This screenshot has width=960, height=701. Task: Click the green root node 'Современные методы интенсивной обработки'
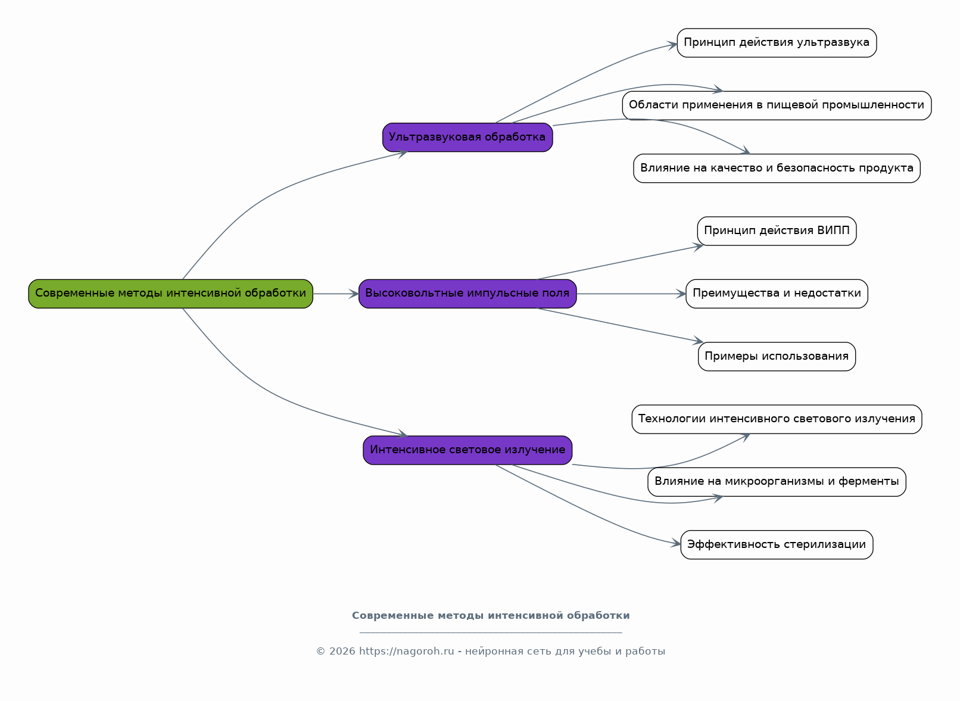(x=170, y=294)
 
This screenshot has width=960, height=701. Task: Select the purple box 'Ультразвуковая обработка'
(x=467, y=137)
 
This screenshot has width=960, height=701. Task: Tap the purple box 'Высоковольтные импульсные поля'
(x=467, y=294)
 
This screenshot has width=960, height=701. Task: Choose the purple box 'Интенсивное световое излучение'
(x=467, y=450)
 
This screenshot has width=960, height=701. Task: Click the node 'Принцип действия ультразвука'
(x=777, y=43)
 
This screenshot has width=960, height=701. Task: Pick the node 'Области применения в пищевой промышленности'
(x=777, y=105)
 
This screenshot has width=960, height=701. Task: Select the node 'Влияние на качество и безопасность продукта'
(x=777, y=169)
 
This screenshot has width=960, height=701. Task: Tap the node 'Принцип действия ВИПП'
(x=777, y=231)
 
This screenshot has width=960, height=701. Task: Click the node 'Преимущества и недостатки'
(x=777, y=294)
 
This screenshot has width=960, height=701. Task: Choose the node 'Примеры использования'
(x=777, y=357)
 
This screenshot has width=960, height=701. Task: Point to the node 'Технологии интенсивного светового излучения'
(x=777, y=419)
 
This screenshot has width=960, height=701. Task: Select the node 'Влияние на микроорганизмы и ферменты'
(x=777, y=482)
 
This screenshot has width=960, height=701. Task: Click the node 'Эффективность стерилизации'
(x=777, y=544)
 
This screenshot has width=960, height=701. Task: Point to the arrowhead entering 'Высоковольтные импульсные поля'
(x=354, y=294)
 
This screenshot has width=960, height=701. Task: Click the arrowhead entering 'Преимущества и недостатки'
(x=681, y=294)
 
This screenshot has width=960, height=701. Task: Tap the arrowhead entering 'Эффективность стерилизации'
(x=676, y=543)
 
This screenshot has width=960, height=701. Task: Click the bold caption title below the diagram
(x=491, y=616)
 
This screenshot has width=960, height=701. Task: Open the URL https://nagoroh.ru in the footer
(x=406, y=652)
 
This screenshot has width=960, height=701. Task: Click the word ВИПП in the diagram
(x=833, y=230)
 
